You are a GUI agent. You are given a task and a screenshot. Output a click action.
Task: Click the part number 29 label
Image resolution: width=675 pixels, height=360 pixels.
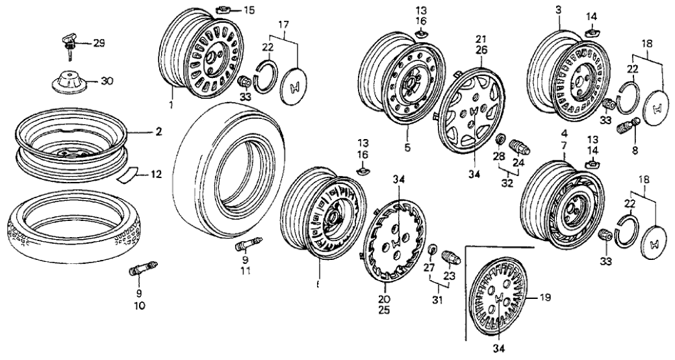[99, 43]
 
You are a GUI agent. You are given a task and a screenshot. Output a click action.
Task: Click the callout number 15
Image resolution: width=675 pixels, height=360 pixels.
[232, 9]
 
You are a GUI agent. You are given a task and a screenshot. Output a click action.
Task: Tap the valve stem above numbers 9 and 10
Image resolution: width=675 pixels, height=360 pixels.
[142, 268]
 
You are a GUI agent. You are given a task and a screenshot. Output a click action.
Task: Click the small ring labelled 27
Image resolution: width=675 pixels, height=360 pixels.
[431, 250]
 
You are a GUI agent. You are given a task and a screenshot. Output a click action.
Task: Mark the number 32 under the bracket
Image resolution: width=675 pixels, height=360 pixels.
[507, 183]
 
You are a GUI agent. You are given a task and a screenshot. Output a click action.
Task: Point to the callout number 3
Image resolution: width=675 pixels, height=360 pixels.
[558, 10]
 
